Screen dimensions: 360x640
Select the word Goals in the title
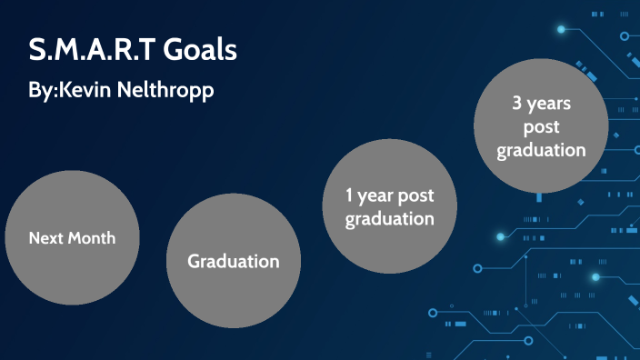[200, 51]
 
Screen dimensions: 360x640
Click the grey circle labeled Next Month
[72, 238]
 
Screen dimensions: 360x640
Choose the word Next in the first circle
[45, 239]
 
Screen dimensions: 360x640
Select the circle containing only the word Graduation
[233, 262]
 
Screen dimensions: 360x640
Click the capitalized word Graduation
[233, 262]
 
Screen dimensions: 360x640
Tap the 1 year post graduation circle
[388, 206]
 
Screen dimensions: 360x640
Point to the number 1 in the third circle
[349, 195]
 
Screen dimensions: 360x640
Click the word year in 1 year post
[376, 196]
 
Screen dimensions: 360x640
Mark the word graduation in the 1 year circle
[389, 219]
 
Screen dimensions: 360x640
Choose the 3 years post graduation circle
[541, 126]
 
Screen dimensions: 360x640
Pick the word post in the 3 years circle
[541, 127]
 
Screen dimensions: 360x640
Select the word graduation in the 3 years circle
[541, 150]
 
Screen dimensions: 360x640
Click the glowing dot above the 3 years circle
[561, 30]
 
